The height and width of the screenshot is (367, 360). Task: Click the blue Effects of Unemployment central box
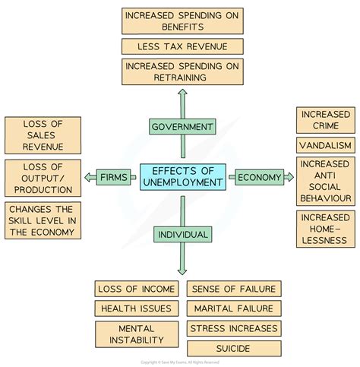(183, 177)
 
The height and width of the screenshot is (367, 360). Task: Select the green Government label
(182, 126)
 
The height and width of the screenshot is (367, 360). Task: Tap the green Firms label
(114, 177)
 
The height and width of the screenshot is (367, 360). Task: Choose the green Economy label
(259, 177)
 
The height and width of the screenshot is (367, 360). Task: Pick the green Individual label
(183, 234)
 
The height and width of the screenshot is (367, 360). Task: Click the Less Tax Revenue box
(182, 46)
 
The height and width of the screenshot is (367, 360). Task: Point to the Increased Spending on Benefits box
(182, 21)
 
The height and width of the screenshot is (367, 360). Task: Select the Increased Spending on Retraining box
(182, 71)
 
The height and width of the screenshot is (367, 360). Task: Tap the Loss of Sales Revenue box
(43, 135)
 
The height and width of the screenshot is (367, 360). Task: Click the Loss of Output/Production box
(43, 178)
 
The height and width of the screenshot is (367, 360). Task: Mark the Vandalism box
(326, 145)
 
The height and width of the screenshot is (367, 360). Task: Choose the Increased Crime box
(326, 120)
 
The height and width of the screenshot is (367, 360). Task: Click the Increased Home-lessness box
(326, 229)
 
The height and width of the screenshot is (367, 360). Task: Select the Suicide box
(234, 349)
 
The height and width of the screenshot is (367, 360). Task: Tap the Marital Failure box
(234, 308)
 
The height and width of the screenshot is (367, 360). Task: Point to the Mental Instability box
(137, 334)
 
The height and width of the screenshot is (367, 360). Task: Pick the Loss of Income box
(137, 289)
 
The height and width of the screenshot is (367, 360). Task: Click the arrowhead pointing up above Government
(182, 92)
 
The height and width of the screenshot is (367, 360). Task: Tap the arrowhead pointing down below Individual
(182, 272)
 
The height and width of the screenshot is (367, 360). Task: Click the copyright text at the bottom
(180, 362)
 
